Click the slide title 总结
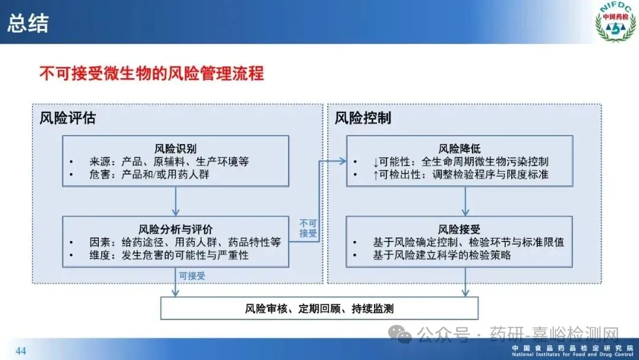click(x=28, y=23)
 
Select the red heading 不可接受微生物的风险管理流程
click(x=151, y=74)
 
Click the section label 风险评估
click(x=67, y=118)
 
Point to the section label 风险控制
click(x=363, y=118)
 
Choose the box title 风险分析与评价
click(x=176, y=229)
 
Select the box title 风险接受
click(x=459, y=229)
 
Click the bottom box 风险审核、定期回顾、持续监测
click(x=319, y=308)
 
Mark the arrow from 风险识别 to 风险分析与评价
click(x=176, y=201)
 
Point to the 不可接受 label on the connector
click(x=308, y=228)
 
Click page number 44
click(x=21, y=351)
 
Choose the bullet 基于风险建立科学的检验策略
click(x=441, y=255)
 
